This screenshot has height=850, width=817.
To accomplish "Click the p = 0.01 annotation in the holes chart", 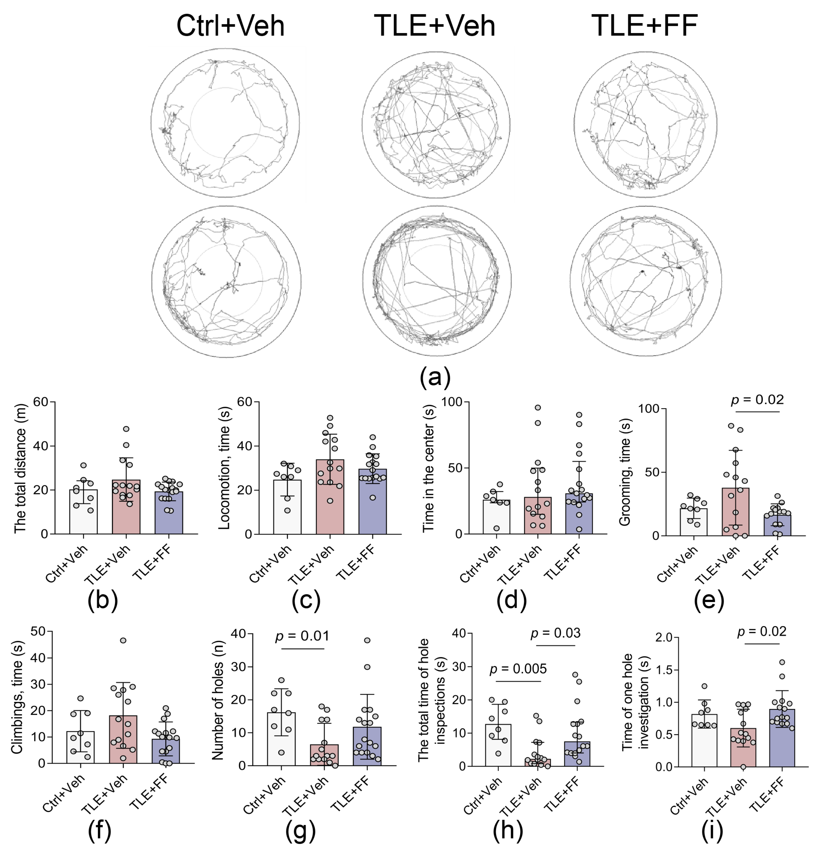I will point(302,636).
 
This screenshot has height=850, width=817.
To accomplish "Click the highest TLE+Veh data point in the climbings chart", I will point(123,640).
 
